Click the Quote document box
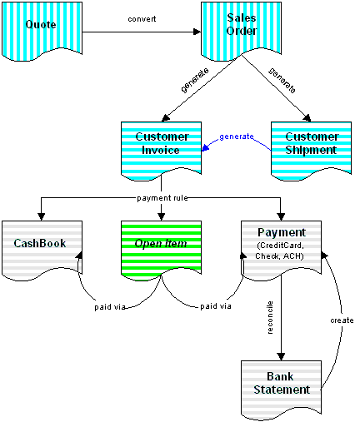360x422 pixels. tap(42, 32)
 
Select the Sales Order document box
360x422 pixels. tap(241, 32)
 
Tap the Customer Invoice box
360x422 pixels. tap(161, 151)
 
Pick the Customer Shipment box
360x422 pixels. tap(311, 151)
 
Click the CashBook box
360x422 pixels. tap(42, 251)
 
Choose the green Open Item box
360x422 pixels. tap(161, 251)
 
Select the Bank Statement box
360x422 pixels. tap(281, 390)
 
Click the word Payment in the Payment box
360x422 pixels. tap(282, 232)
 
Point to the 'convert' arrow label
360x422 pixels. tap(142, 19)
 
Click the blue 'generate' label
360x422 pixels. tap(237, 137)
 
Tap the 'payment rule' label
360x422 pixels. tap(162, 198)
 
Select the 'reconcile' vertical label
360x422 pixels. tap(270, 317)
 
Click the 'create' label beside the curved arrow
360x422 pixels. tap(342, 320)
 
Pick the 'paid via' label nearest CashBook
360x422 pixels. tap(110, 307)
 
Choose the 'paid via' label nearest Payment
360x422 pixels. tap(216, 306)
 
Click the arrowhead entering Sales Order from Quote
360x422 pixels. tap(197, 32)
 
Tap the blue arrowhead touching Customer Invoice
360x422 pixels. tap(205, 147)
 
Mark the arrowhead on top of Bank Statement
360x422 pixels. tap(281, 357)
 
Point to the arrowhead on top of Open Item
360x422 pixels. tap(161, 217)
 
